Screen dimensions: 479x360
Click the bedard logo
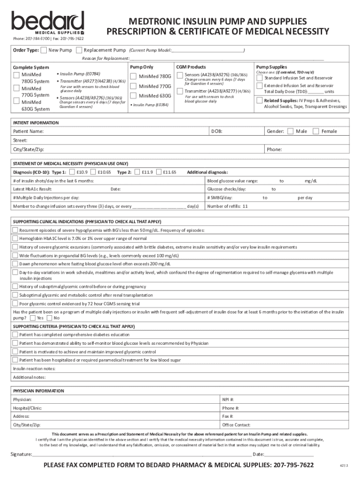pyautogui.click(x=48, y=22)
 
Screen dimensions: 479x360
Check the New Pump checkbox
pyautogui.click(x=44, y=50)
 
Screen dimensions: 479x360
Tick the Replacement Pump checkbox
pyautogui.click(x=79, y=50)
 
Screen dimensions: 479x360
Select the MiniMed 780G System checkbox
pyautogui.click(x=16, y=75)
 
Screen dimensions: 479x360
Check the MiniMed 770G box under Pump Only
pyautogui.click(x=133, y=87)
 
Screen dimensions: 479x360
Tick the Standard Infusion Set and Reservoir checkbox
pyautogui.click(x=259, y=78)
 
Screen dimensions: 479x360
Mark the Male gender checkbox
pyautogui.click(x=290, y=131)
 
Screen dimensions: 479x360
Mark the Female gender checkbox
pyautogui.click(x=316, y=131)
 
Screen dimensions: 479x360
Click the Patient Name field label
pyautogui.click(x=29, y=131)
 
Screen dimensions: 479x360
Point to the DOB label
pyautogui.click(x=216, y=131)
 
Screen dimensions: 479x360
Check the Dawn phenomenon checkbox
pyautogui.click(x=15, y=264)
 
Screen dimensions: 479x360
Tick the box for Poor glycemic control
pyautogui.click(x=15, y=304)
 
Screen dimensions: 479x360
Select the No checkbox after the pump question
pyautogui.click(x=50, y=318)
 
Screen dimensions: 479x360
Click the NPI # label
pyautogui.click(x=228, y=399)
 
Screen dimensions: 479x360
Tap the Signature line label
pyautogui.click(x=22, y=454)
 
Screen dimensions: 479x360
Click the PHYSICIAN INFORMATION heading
pyautogui.click(x=38, y=391)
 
